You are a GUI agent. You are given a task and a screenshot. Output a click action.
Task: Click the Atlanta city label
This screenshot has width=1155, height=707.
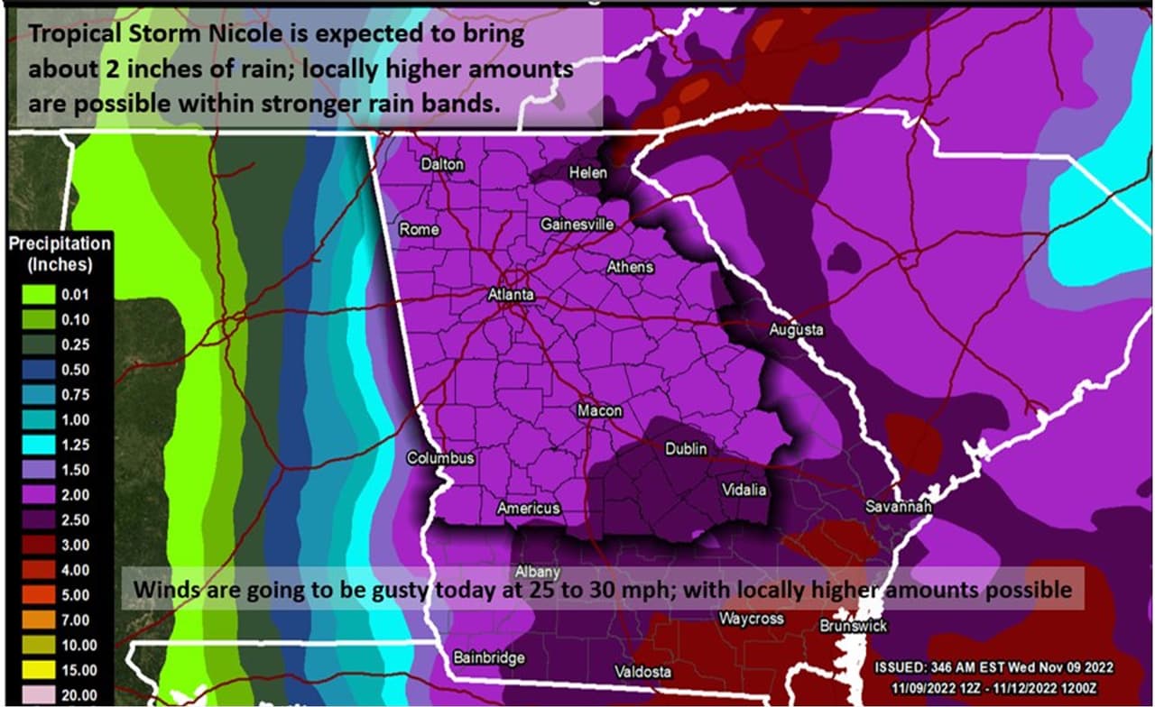(x=511, y=295)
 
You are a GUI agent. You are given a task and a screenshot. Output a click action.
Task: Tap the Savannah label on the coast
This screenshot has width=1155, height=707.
(x=898, y=507)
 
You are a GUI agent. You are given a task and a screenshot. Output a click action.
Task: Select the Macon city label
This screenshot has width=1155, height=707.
(x=600, y=410)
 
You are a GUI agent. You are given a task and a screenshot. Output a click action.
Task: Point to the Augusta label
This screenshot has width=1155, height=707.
(x=796, y=330)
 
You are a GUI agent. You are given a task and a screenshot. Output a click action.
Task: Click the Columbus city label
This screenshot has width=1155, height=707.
(x=440, y=458)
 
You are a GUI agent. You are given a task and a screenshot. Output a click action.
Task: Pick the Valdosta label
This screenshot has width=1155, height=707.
(x=642, y=672)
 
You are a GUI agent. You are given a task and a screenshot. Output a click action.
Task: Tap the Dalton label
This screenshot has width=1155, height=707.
(x=442, y=164)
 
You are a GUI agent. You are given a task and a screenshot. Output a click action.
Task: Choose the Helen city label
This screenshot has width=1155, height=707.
(x=587, y=172)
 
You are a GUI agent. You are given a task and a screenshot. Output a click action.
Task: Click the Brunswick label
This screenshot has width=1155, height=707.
(x=854, y=625)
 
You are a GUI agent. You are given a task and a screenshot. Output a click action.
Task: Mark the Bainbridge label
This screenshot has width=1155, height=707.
(x=489, y=657)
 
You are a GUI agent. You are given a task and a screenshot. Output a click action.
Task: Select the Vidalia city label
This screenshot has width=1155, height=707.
(x=744, y=490)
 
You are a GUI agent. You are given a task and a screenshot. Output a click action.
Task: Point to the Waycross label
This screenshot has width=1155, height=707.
(x=751, y=619)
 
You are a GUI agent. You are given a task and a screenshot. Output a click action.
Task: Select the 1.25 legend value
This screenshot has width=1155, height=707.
(x=75, y=445)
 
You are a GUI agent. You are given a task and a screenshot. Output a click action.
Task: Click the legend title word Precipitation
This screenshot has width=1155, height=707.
(x=60, y=244)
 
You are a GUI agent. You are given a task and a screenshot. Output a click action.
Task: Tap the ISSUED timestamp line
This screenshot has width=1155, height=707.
(x=993, y=666)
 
